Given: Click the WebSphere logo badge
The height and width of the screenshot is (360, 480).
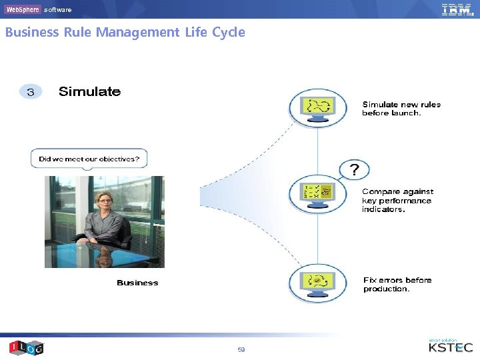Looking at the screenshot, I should point(22,9).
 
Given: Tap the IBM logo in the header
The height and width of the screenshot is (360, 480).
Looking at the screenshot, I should point(457,9).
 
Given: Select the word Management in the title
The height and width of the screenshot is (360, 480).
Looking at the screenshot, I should point(137,32).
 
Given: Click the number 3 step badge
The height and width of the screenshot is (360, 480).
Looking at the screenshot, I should point(30,92).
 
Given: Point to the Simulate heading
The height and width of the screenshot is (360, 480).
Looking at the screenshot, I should point(90,92).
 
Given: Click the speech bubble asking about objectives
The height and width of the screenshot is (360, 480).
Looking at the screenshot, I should point(89,159).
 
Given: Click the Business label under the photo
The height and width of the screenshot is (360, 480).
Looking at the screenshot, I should point(137,283).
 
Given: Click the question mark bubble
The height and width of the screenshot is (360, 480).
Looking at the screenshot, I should point(354,170).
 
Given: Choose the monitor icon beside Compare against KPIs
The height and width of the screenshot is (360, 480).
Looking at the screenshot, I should point(317,194).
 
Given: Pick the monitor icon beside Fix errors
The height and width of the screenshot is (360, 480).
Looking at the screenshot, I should point(317,281).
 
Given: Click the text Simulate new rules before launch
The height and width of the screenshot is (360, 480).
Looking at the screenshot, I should point(401,109).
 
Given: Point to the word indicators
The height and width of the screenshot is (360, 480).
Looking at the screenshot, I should point(383,209).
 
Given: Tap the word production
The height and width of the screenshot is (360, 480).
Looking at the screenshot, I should point(386,289).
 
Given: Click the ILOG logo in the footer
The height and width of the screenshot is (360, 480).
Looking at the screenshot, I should point(27,347).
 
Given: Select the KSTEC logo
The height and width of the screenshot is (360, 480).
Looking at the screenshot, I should point(451,347).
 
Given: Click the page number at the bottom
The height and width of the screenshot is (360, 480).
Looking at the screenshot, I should point(241,349).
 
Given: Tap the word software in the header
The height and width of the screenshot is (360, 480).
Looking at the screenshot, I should point(58,10).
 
